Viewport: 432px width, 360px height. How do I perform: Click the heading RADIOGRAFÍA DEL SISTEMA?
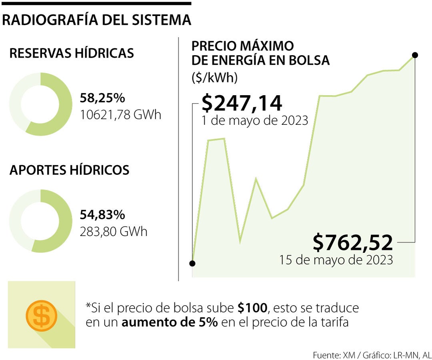[x=96, y=20]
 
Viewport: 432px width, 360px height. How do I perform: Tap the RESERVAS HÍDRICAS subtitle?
[x=72, y=53]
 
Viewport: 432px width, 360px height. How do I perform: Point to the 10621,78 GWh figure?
[x=120, y=115]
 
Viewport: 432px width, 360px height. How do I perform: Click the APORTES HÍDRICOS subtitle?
[x=69, y=170]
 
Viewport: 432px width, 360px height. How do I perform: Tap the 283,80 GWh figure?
[x=114, y=232]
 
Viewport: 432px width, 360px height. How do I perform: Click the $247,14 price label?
[x=242, y=103]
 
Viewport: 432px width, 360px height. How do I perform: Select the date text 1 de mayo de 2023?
[x=255, y=120]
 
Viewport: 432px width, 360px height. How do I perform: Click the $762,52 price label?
[x=353, y=242]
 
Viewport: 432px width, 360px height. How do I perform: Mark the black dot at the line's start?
[x=192, y=263]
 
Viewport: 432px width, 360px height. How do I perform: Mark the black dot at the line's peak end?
[x=415, y=55]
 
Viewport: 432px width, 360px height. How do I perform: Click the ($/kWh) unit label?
[x=215, y=78]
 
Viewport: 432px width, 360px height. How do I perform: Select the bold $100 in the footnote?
[x=252, y=308]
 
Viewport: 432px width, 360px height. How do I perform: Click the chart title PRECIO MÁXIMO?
[x=243, y=46]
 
